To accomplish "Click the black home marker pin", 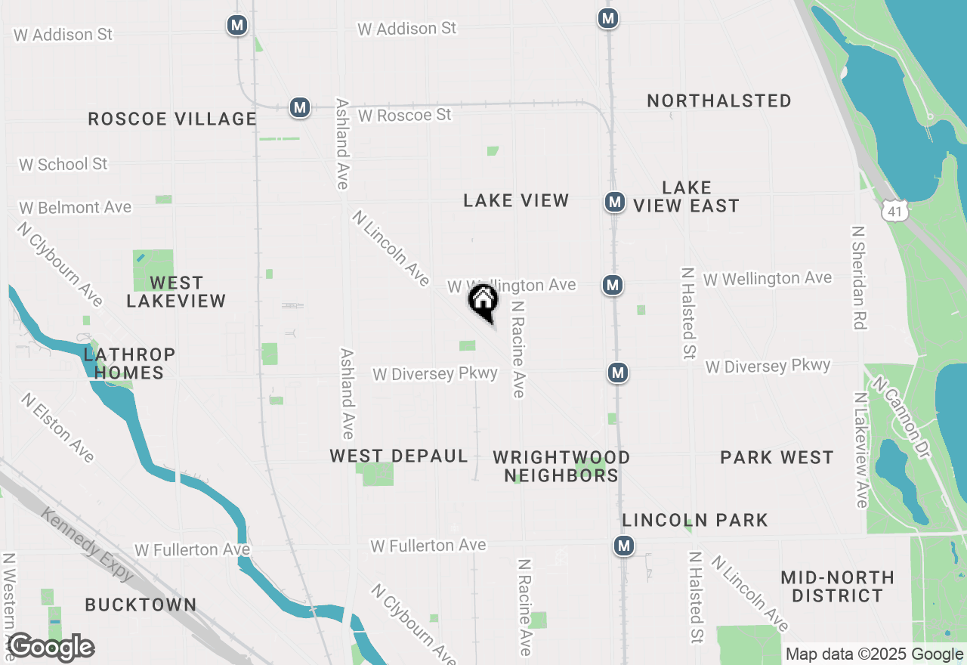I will pos(483,301).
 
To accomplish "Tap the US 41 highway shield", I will pos(895,211).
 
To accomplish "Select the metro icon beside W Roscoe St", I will pos(300,107).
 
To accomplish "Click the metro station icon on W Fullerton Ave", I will pos(623,546).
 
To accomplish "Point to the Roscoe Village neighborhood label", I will pos(172,119).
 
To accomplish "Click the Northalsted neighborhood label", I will pos(719,101).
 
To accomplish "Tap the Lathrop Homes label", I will pos(129,363).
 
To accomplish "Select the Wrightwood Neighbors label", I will pos(561,466).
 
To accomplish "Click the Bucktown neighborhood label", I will pos(141,605).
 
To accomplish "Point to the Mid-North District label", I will pos(837,586).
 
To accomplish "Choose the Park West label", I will pos(777,457).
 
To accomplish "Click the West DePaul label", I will pos(399,456).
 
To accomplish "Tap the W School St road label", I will pos(63,164).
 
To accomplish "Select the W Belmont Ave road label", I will pos(75,207).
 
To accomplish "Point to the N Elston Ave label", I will pos(58,427).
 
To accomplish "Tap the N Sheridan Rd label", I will pos(858,277).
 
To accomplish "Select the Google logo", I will pos(51,648).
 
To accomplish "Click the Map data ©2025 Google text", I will pos(873,654).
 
